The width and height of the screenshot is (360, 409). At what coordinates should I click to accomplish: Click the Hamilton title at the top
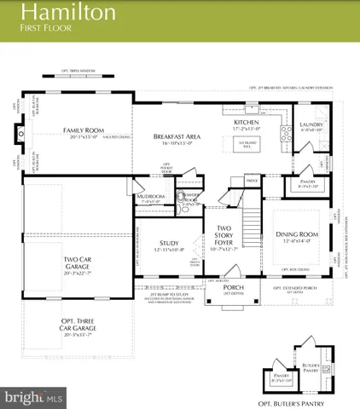[58, 12]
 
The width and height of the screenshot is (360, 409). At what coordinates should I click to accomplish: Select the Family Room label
[83, 130]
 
